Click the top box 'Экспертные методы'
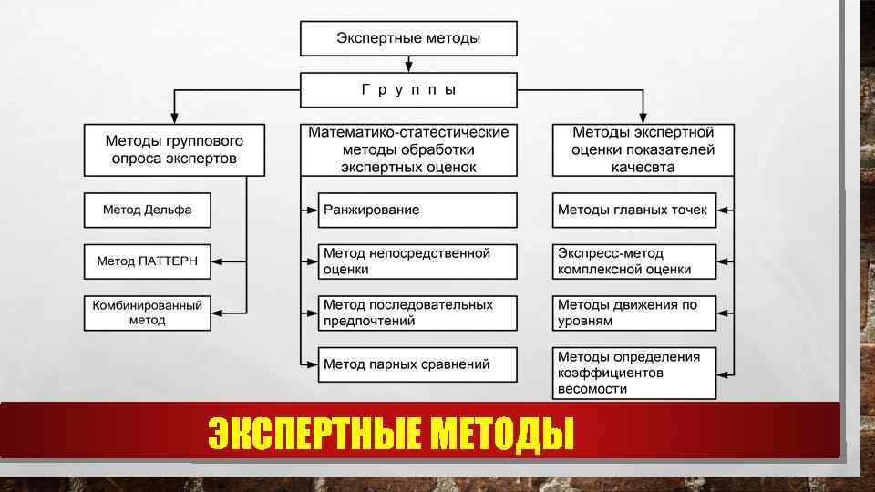click(408, 38)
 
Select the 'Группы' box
click(408, 90)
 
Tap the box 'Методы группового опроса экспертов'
click(174, 149)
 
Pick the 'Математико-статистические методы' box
click(408, 149)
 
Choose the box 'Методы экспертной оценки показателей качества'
click(643, 149)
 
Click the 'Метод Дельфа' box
click(147, 210)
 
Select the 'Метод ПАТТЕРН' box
click(147, 261)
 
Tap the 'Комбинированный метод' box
click(147, 313)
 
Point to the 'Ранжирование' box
click(417, 210)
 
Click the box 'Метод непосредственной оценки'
click(417, 261)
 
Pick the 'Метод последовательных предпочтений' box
click(417, 313)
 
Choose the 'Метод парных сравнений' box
click(417, 364)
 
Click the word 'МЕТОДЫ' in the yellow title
click(502, 433)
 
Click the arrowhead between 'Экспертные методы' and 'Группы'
click(408, 67)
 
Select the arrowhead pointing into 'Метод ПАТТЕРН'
click(216, 261)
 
